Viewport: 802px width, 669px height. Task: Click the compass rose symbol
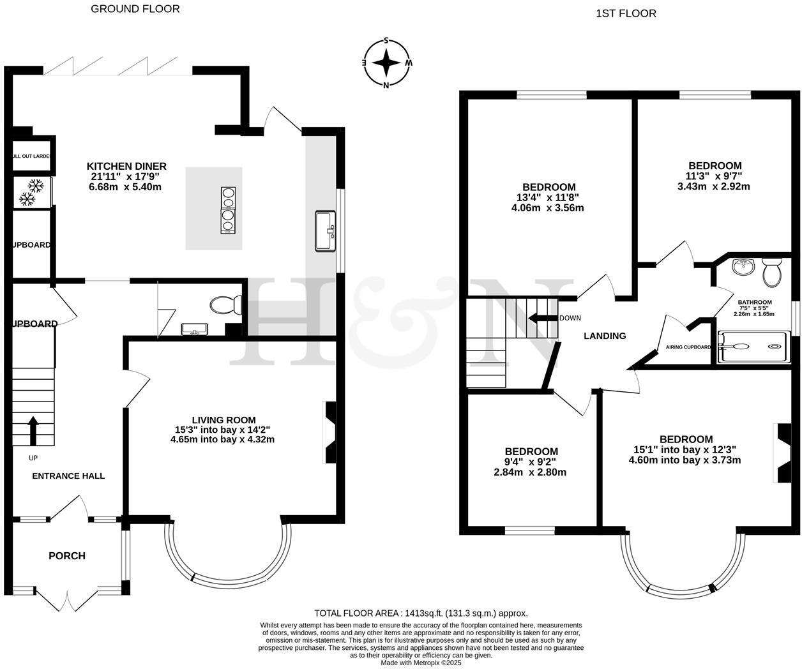[x=386, y=63]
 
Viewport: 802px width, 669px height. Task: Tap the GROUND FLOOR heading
[x=135, y=9]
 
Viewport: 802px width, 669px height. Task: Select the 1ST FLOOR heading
[x=626, y=13]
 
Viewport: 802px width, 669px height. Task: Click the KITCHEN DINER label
[x=126, y=166]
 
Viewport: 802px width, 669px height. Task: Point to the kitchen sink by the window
[x=326, y=231]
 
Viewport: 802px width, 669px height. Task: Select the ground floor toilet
[x=224, y=304]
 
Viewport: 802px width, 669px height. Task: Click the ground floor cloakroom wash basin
[x=194, y=329]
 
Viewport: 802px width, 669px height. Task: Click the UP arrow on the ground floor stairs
[x=32, y=430]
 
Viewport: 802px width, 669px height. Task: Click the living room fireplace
[x=329, y=432]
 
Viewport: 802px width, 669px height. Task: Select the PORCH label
[x=67, y=556]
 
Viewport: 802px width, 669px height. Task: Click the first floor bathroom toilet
[x=771, y=273]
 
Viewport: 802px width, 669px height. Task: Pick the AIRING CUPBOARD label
[x=684, y=347]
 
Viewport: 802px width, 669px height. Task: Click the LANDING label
[x=605, y=336]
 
